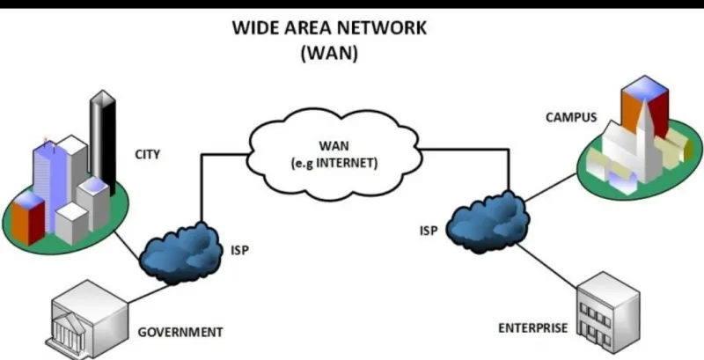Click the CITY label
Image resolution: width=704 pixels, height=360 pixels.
(x=147, y=154)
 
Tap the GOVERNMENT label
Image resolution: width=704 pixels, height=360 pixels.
(x=180, y=332)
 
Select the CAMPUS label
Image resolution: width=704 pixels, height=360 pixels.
(x=571, y=118)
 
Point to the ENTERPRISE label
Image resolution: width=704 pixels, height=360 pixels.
(x=533, y=328)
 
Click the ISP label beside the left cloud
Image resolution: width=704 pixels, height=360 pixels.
(x=239, y=251)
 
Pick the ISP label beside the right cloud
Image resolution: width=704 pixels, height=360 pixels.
(x=429, y=231)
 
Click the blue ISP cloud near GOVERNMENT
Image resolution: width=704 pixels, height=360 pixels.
(x=181, y=253)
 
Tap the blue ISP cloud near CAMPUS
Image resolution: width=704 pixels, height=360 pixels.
(x=489, y=221)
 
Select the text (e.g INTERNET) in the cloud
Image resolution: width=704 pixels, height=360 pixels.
(x=334, y=163)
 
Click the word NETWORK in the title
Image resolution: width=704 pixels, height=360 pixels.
(x=381, y=28)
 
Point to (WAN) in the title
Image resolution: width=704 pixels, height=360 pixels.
(x=329, y=53)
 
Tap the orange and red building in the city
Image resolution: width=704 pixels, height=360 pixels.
(x=28, y=218)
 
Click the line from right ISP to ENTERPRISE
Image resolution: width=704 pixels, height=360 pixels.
(x=546, y=266)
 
